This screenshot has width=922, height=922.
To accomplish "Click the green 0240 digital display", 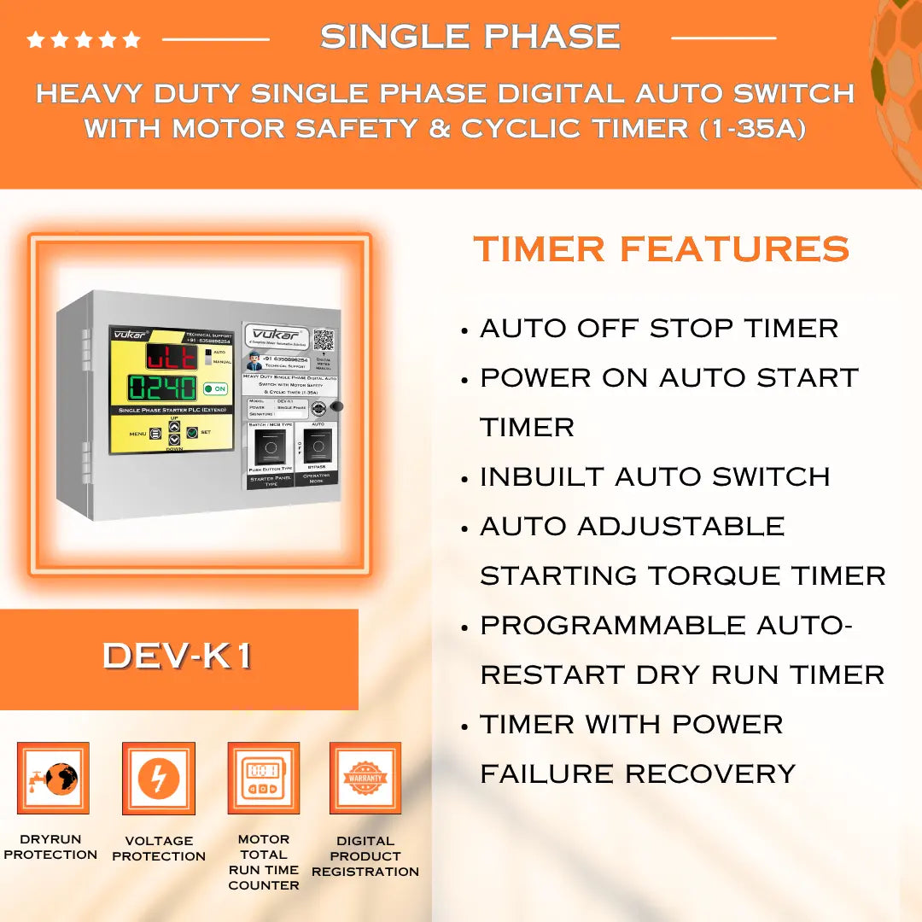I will (x=162, y=388).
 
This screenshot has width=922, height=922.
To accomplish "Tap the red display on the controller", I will (x=172, y=356).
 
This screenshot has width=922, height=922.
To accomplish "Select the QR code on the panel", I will (x=323, y=339).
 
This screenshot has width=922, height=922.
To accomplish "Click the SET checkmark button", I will (x=192, y=433).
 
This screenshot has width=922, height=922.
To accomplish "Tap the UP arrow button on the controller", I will (x=174, y=426).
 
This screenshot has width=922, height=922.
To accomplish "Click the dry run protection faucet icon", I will (x=53, y=778).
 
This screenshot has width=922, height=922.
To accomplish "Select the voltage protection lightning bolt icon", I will (x=159, y=778).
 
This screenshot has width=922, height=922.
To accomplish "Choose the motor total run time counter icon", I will (x=263, y=778).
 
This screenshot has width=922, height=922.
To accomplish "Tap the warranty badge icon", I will (x=365, y=778).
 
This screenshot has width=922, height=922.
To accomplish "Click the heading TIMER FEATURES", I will (x=662, y=249).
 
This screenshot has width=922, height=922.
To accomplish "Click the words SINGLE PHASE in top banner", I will (x=470, y=37).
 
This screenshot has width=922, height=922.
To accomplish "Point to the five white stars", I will (x=84, y=39).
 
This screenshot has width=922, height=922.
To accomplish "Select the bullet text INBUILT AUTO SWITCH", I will (x=655, y=476).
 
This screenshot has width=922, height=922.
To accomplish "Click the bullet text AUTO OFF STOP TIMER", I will (x=659, y=328).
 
